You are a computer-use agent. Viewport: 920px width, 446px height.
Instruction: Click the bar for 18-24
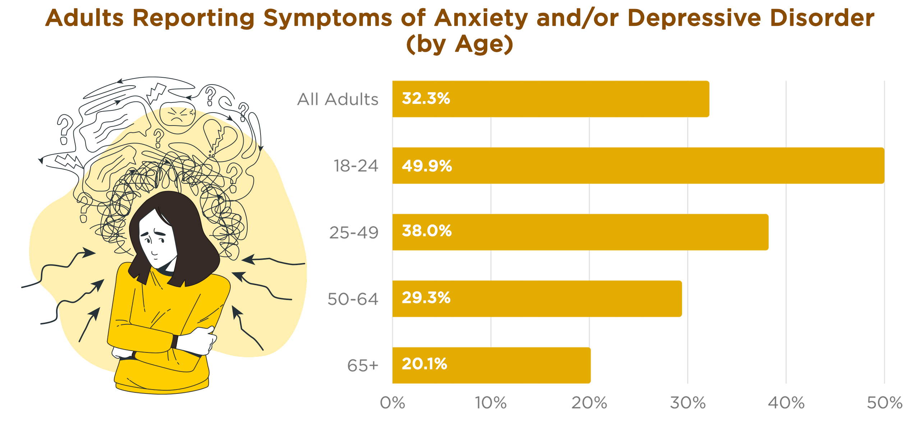[638, 165]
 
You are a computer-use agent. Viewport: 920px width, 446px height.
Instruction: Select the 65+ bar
[491, 365]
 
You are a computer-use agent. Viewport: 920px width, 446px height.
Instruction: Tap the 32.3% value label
[426, 99]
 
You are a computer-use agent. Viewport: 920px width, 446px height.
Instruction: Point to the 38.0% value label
[427, 231]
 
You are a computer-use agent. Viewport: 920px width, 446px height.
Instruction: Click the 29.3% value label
[426, 298]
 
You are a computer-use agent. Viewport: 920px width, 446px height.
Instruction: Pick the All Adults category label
[337, 99]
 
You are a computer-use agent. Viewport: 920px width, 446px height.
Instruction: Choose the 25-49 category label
[354, 233]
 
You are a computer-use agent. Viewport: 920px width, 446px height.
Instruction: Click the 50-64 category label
[353, 299]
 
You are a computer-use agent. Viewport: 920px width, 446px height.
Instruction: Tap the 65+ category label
[362, 366]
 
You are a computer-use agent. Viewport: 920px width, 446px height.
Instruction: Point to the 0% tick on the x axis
[392, 403]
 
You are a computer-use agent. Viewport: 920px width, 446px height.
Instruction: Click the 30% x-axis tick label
[687, 403]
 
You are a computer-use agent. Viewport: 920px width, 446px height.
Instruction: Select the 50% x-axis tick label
[884, 403]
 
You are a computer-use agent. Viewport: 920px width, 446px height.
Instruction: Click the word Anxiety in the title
[481, 18]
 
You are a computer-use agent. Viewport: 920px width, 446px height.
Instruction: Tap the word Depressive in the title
[694, 18]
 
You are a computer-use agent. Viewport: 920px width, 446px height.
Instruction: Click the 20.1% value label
[424, 364]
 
